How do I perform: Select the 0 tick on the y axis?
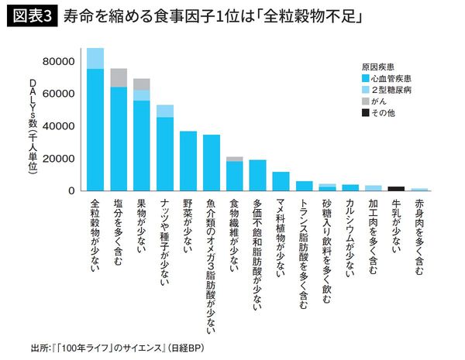71,190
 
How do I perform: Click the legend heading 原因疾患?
377,67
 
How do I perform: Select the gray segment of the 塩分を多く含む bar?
119,77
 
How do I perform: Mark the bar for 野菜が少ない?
188,161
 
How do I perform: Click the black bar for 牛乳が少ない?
397,188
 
